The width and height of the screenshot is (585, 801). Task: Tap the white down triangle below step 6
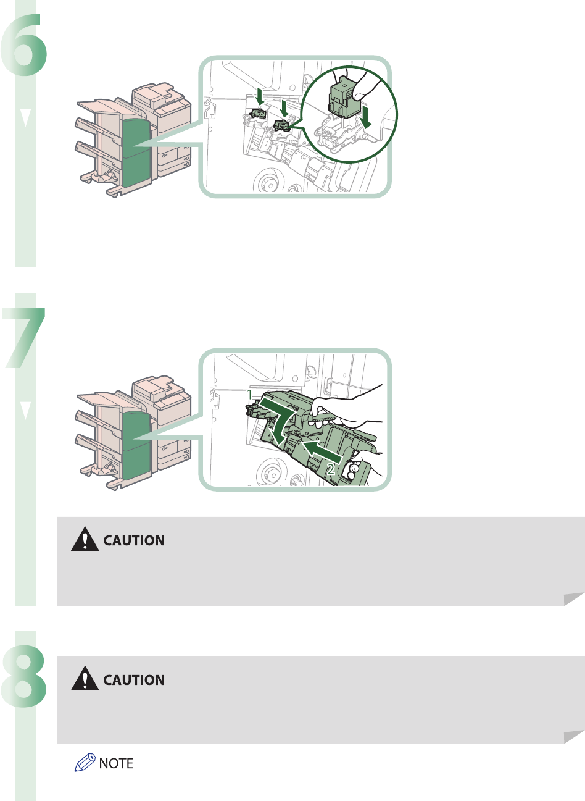pos(25,118)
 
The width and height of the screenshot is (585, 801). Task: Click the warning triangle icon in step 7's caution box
pos(85,541)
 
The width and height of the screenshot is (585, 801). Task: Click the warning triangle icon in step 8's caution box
pos(85,680)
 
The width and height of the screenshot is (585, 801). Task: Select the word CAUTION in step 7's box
pos(134,541)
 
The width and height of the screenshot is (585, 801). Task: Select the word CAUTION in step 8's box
pos(134,680)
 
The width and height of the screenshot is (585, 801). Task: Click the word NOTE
pos(116,764)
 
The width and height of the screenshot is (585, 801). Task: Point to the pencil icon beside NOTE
pos(85,764)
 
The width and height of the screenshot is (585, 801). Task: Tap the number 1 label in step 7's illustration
pos(249,393)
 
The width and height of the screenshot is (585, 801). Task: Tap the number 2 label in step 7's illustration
pos(331,469)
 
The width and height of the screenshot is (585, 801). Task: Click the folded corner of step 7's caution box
pos(575,598)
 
